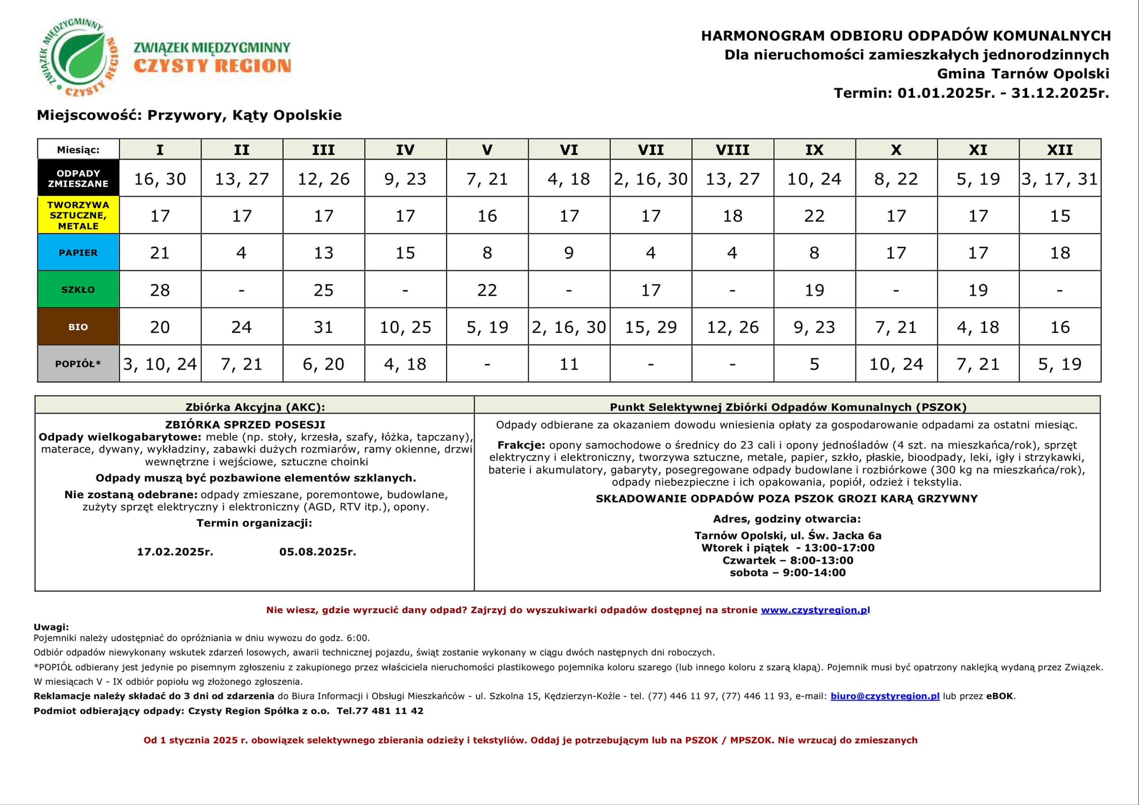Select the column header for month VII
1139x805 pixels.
tap(651, 150)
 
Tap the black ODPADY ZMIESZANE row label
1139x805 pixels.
tap(78, 178)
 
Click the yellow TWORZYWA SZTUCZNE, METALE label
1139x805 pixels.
tap(78, 215)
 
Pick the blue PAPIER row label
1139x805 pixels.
tap(78, 252)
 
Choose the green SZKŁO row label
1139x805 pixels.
tap(78, 290)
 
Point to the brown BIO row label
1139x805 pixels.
tap(78, 327)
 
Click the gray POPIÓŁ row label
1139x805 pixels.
tap(78, 364)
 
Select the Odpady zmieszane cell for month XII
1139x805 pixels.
tap(1059, 179)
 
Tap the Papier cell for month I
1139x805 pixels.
tap(160, 253)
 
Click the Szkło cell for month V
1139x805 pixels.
tap(487, 290)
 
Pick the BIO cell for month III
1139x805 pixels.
tap(324, 327)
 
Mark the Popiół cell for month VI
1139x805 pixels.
tap(569, 364)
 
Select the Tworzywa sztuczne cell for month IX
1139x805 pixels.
tap(814, 216)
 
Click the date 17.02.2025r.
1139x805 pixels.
tap(175, 552)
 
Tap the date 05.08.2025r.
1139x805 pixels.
tap(318, 552)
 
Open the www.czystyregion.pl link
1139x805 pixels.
tap(815, 610)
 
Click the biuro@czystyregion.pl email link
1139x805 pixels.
tap(885, 696)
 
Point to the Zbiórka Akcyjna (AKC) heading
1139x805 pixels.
tap(255, 407)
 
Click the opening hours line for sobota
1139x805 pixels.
tap(788, 573)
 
